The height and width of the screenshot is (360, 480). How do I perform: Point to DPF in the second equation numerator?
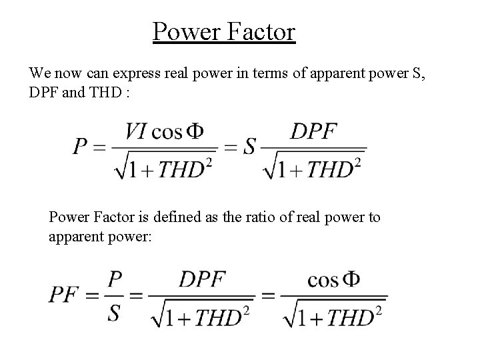coord(201,279)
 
